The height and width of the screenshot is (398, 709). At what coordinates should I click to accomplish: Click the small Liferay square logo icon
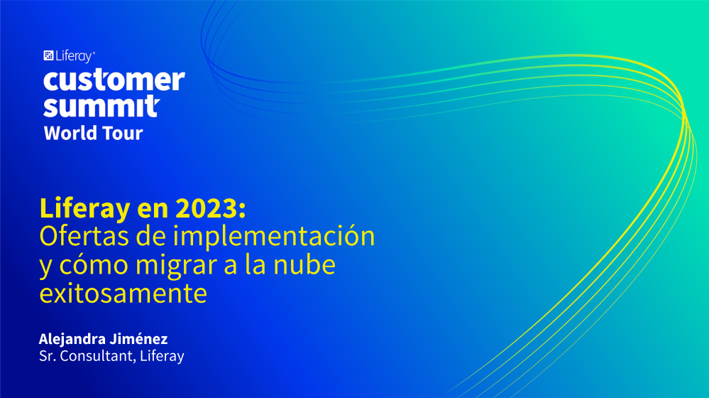[x=48, y=55]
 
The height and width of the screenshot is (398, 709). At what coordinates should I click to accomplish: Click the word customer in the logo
[x=114, y=80]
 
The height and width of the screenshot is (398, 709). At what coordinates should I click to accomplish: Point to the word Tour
[x=122, y=133]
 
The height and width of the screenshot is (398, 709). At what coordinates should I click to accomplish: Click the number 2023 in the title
[x=210, y=208]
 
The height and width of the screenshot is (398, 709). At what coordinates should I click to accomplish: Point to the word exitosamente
[x=123, y=294]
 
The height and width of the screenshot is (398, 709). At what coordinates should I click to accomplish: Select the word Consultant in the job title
[x=97, y=356]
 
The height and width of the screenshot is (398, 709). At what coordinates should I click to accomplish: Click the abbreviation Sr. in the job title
[x=47, y=356]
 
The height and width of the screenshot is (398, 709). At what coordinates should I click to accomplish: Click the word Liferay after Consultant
[x=162, y=356]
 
